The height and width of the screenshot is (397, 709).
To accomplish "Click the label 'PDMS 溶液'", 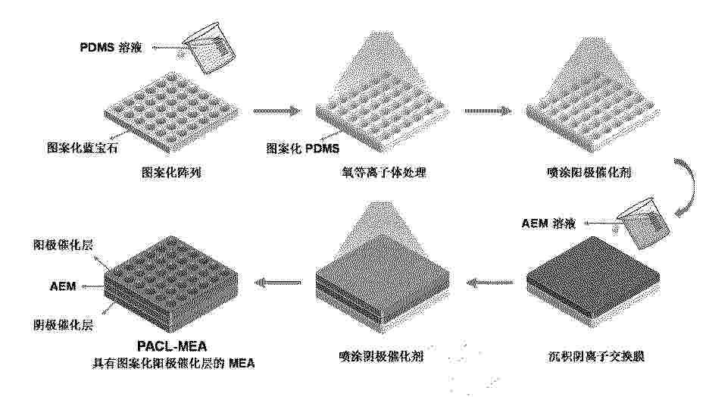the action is (111, 47).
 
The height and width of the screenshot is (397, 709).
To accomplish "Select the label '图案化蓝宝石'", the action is (83, 148).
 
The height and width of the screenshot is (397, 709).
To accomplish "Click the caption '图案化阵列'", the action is (171, 172).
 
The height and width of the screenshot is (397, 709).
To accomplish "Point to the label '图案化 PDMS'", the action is (302, 148).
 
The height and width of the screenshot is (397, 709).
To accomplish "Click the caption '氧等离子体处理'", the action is (384, 172).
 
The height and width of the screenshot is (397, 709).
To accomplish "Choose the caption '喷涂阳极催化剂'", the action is (589, 172).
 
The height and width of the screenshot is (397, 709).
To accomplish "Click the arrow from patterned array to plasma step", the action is (276, 111).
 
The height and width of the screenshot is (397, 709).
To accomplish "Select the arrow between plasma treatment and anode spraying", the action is (488, 111).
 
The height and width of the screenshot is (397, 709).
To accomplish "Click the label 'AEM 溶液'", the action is (548, 224).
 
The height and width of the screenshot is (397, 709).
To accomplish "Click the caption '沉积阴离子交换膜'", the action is (596, 356).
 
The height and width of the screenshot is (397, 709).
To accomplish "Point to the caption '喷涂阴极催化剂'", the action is (381, 356).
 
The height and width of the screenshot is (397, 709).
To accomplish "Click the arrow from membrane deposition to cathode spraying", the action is (491, 283).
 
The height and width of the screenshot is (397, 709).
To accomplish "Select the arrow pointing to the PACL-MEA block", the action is (278, 283).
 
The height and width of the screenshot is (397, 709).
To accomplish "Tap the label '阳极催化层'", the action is (64, 245).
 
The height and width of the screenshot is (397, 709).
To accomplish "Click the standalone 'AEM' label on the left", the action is (63, 286).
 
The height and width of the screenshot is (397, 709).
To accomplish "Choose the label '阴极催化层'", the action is (64, 325).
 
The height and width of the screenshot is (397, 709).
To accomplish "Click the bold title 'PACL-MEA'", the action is (172, 346).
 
